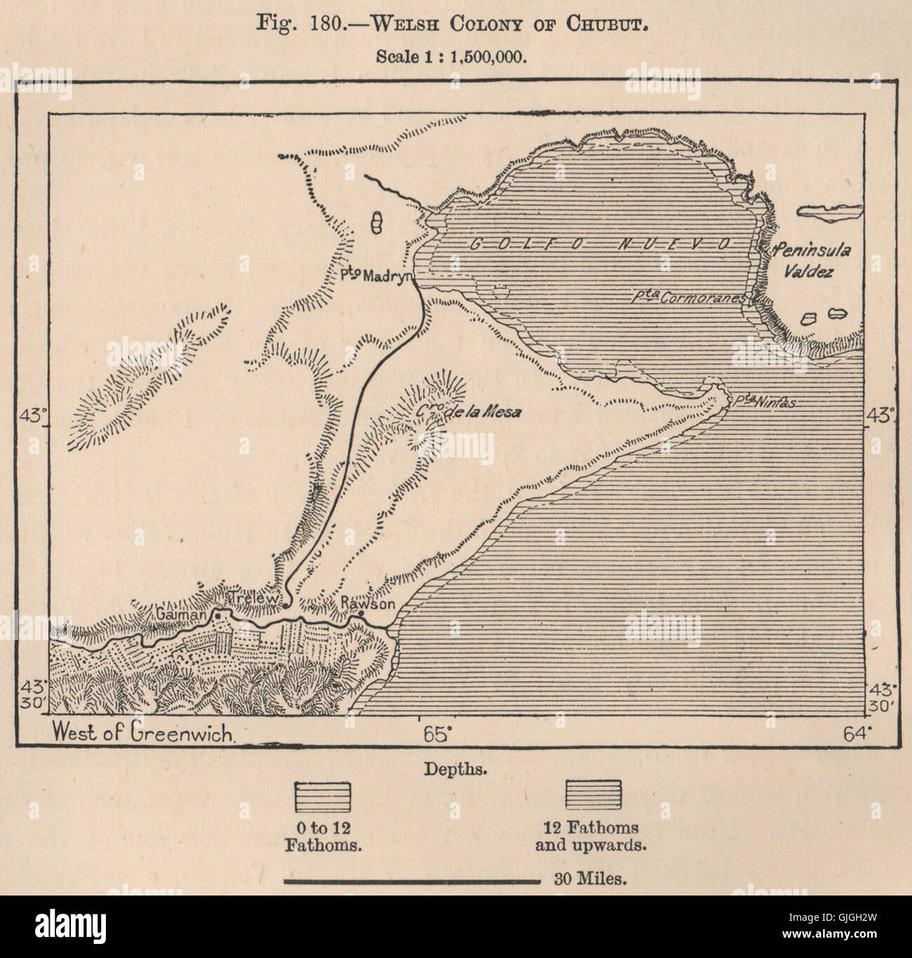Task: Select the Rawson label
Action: point(363,604)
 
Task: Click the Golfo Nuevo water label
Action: point(596,245)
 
